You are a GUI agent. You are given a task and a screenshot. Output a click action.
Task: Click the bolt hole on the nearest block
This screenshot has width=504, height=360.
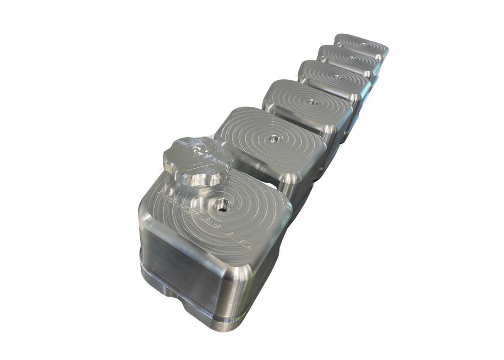pyautogui.click(x=221, y=204)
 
